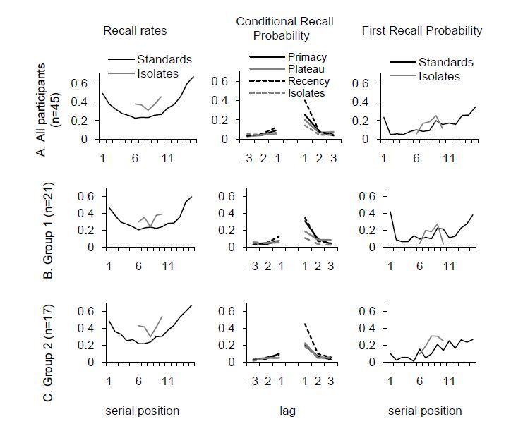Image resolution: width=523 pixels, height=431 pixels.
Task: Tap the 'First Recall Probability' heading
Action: (x=421, y=30)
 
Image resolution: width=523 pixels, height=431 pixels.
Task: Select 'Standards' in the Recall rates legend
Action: (x=164, y=59)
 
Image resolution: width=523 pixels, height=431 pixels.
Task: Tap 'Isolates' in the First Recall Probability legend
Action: (x=439, y=76)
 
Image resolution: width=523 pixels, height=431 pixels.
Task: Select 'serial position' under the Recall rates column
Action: (x=142, y=411)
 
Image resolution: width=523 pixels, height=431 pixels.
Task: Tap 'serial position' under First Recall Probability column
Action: (x=425, y=411)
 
